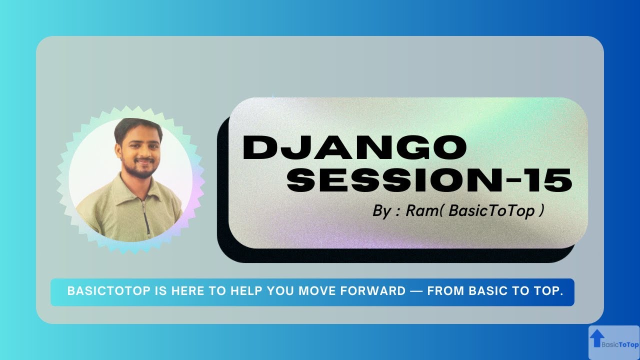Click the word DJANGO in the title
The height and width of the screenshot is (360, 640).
[354, 148]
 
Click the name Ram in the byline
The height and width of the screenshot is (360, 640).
[419, 210]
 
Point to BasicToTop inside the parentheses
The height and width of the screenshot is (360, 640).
[492, 210]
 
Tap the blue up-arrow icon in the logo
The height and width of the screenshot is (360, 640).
[595, 338]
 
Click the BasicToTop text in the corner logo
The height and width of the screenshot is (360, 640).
[620, 344]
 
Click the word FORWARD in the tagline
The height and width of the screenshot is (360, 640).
[377, 291]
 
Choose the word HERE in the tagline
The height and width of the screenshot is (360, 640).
[190, 291]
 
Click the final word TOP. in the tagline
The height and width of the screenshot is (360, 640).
[549, 291]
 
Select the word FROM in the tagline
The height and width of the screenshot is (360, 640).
[445, 291]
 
